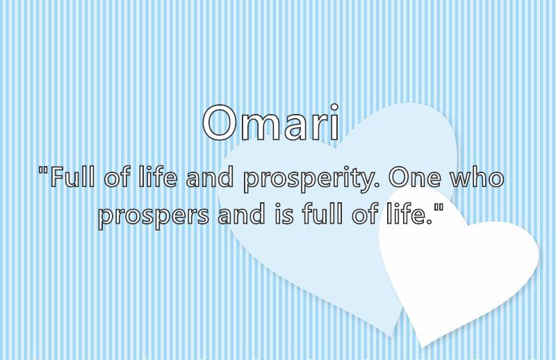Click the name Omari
(271, 122)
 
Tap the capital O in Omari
(219, 123)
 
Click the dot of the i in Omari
(334, 106)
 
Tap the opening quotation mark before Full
(44, 171)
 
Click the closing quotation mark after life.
(439, 208)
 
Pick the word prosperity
(309, 179)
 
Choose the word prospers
(154, 215)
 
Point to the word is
(284, 214)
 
